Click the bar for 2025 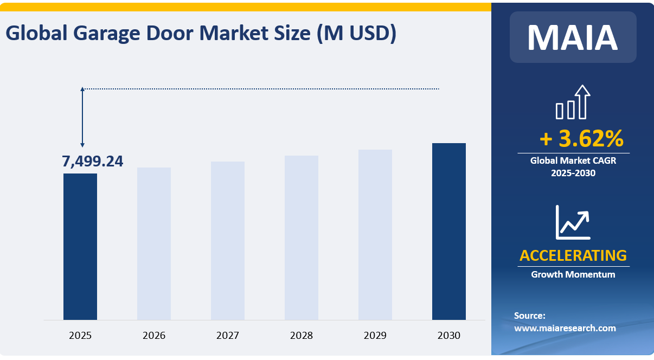point(80,247)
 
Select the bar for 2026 point(154,243)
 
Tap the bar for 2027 point(228,241)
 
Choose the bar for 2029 point(375,234)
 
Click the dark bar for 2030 point(449,232)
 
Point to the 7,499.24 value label point(93,162)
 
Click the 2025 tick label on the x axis point(80,336)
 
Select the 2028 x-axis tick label point(302,336)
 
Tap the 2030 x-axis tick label point(449,336)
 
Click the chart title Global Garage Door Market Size point(201,34)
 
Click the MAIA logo point(573,37)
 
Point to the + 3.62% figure point(581,139)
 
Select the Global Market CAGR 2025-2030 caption point(573,167)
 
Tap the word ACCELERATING point(573,255)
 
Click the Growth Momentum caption point(573,274)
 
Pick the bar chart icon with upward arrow point(573,102)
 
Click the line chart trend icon point(573,222)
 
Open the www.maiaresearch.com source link point(565,328)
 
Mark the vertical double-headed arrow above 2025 point(82,117)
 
